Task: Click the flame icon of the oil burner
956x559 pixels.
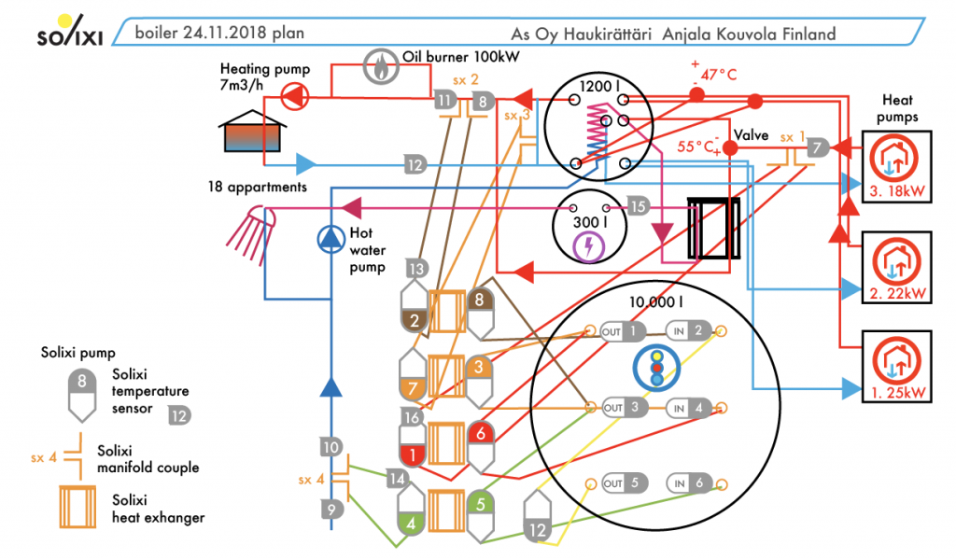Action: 380,65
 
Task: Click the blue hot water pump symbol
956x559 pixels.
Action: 330,240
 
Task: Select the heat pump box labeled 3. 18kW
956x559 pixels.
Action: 895,167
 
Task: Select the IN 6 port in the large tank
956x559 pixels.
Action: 690,483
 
